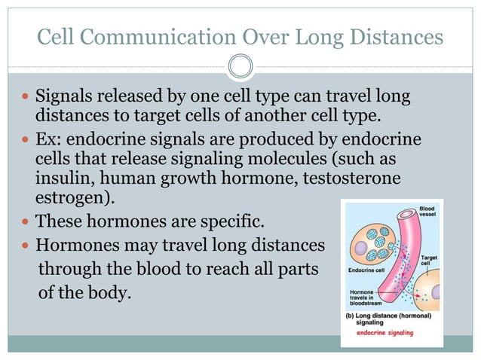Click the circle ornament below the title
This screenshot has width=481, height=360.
coord(240,67)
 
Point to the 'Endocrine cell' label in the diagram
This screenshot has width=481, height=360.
coord(367,270)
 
